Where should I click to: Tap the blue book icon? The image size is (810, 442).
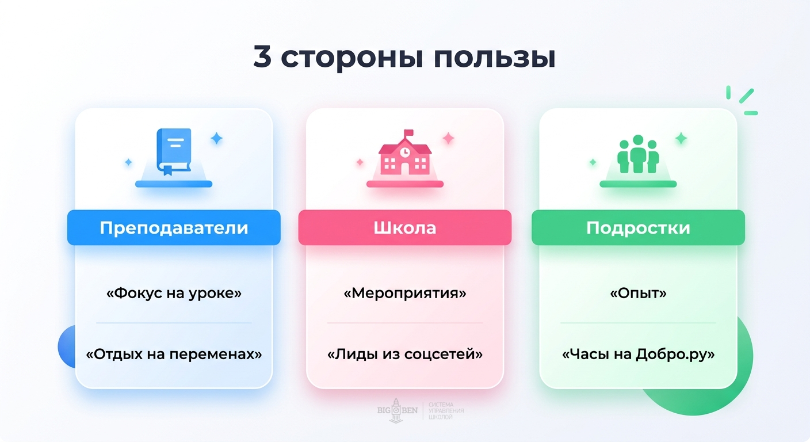(173, 151)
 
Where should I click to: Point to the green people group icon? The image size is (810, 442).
(637, 154)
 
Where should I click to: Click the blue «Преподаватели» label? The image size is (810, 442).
(174, 228)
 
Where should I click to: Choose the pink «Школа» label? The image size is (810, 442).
(404, 228)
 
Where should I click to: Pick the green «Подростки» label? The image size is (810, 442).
(638, 228)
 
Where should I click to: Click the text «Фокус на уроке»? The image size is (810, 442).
(174, 293)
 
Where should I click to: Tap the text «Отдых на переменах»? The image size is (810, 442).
(174, 353)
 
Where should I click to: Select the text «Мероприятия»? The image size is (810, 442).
(404, 293)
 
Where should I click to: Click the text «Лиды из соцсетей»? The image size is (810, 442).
(404, 353)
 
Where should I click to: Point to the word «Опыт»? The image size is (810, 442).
(638, 293)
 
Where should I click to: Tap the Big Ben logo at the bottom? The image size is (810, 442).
(395, 410)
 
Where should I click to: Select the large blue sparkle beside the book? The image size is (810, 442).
(216, 138)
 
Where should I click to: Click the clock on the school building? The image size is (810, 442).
(405, 152)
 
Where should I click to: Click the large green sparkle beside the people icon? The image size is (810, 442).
(681, 138)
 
